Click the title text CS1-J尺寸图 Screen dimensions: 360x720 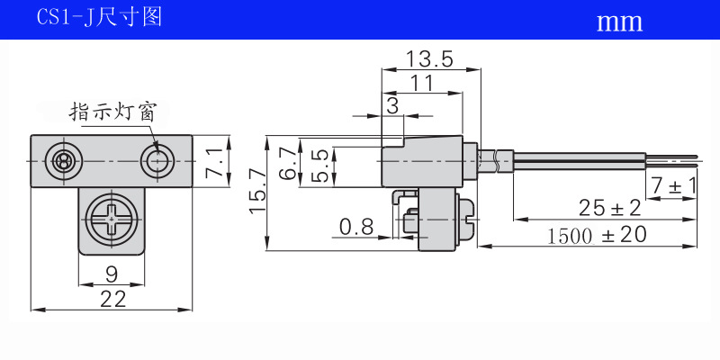click(x=99, y=18)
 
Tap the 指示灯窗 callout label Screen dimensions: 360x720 click(x=114, y=112)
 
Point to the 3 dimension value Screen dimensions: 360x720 click(x=391, y=105)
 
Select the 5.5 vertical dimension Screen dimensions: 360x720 click(x=319, y=166)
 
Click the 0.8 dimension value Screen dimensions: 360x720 click(x=355, y=227)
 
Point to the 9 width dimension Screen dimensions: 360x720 click(x=112, y=274)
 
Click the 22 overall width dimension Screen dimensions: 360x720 click(x=112, y=299)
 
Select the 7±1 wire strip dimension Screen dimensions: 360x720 click(x=673, y=185)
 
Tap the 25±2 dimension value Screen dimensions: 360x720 click(x=609, y=209)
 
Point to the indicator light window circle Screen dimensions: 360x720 click(x=158, y=162)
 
